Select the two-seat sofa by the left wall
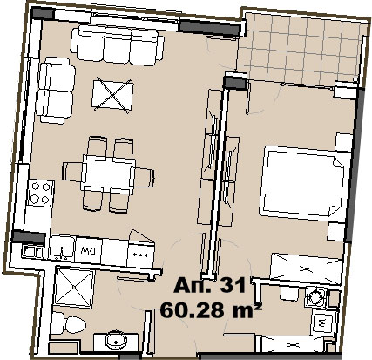[x=56, y=91]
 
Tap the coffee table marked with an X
[x=112, y=95]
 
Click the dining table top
[x=109, y=173]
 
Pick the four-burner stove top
[x=41, y=193]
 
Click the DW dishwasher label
[x=87, y=249]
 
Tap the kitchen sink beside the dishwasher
[x=62, y=248]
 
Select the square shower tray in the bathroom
[x=75, y=288]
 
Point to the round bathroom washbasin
[x=115, y=340]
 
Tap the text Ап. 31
[x=210, y=285]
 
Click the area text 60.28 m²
[x=211, y=310]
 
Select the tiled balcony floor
[x=301, y=49]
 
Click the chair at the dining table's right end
[x=143, y=177]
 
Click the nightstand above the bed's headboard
[x=344, y=142]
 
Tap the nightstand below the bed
[x=336, y=231]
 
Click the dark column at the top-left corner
[x=43, y=14]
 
